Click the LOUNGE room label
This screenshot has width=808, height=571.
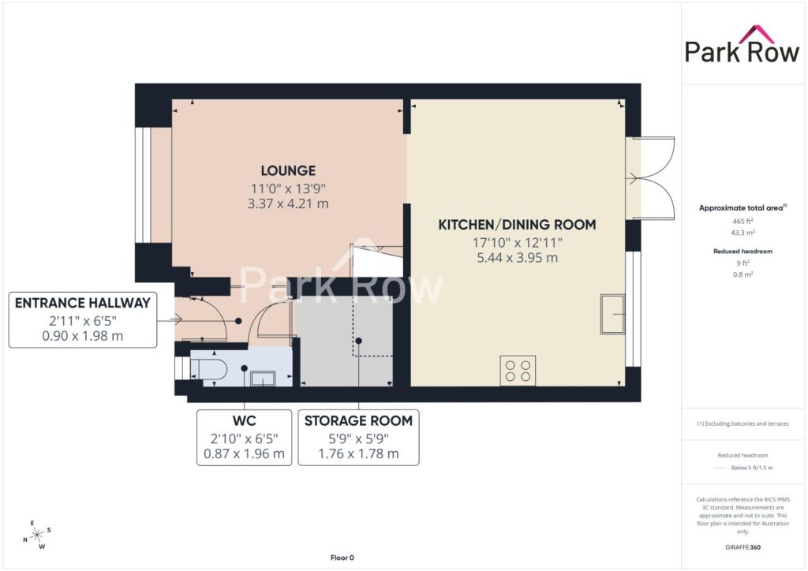point(288,170)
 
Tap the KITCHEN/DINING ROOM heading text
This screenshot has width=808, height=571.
point(517,225)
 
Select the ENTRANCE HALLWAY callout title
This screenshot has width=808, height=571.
point(82,303)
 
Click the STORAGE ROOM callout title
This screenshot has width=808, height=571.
point(359,420)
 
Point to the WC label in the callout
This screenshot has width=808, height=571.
point(245,420)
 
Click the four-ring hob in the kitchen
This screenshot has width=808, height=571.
point(518,371)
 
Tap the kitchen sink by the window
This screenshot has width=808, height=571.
point(612,314)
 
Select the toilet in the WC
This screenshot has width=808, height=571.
point(209,370)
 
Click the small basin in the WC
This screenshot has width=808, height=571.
point(263,379)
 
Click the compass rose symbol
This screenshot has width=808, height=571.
point(38,535)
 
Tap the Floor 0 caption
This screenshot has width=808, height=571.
point(342,558)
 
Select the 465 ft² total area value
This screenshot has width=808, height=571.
point(743,222)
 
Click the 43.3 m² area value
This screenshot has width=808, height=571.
point(743,233)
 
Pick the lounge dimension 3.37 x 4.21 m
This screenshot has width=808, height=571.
point(288,203)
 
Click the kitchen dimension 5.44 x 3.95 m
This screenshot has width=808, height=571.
point(517,257)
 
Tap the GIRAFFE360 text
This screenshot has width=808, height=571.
point(743,547)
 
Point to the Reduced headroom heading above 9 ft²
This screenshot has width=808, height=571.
point(743,252)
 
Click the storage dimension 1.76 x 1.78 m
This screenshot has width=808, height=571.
point(359,453)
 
